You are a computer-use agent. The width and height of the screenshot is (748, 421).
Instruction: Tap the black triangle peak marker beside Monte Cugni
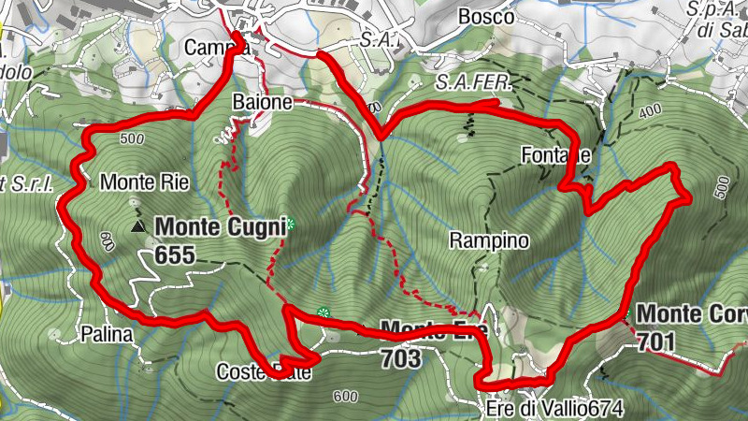pos(138,226)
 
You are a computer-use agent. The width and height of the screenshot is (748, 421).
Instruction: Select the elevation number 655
pos(174,251)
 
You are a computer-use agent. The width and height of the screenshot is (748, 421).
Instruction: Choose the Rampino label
pos(489,240)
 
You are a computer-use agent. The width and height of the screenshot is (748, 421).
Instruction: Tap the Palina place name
pos(107,333)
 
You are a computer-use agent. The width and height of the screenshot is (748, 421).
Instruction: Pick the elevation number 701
pos(656,343)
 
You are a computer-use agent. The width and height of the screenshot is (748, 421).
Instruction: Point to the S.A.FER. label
pos(475,82)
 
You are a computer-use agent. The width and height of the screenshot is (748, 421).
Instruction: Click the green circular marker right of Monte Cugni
pos(290,224)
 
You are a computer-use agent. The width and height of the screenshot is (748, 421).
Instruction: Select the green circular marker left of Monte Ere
pos(324,312)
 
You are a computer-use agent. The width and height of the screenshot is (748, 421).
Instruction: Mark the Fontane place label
pos(557,155)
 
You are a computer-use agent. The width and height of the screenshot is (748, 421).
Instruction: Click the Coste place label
pos(238,371)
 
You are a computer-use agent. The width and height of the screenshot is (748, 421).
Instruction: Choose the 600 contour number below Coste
pos(344,397)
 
